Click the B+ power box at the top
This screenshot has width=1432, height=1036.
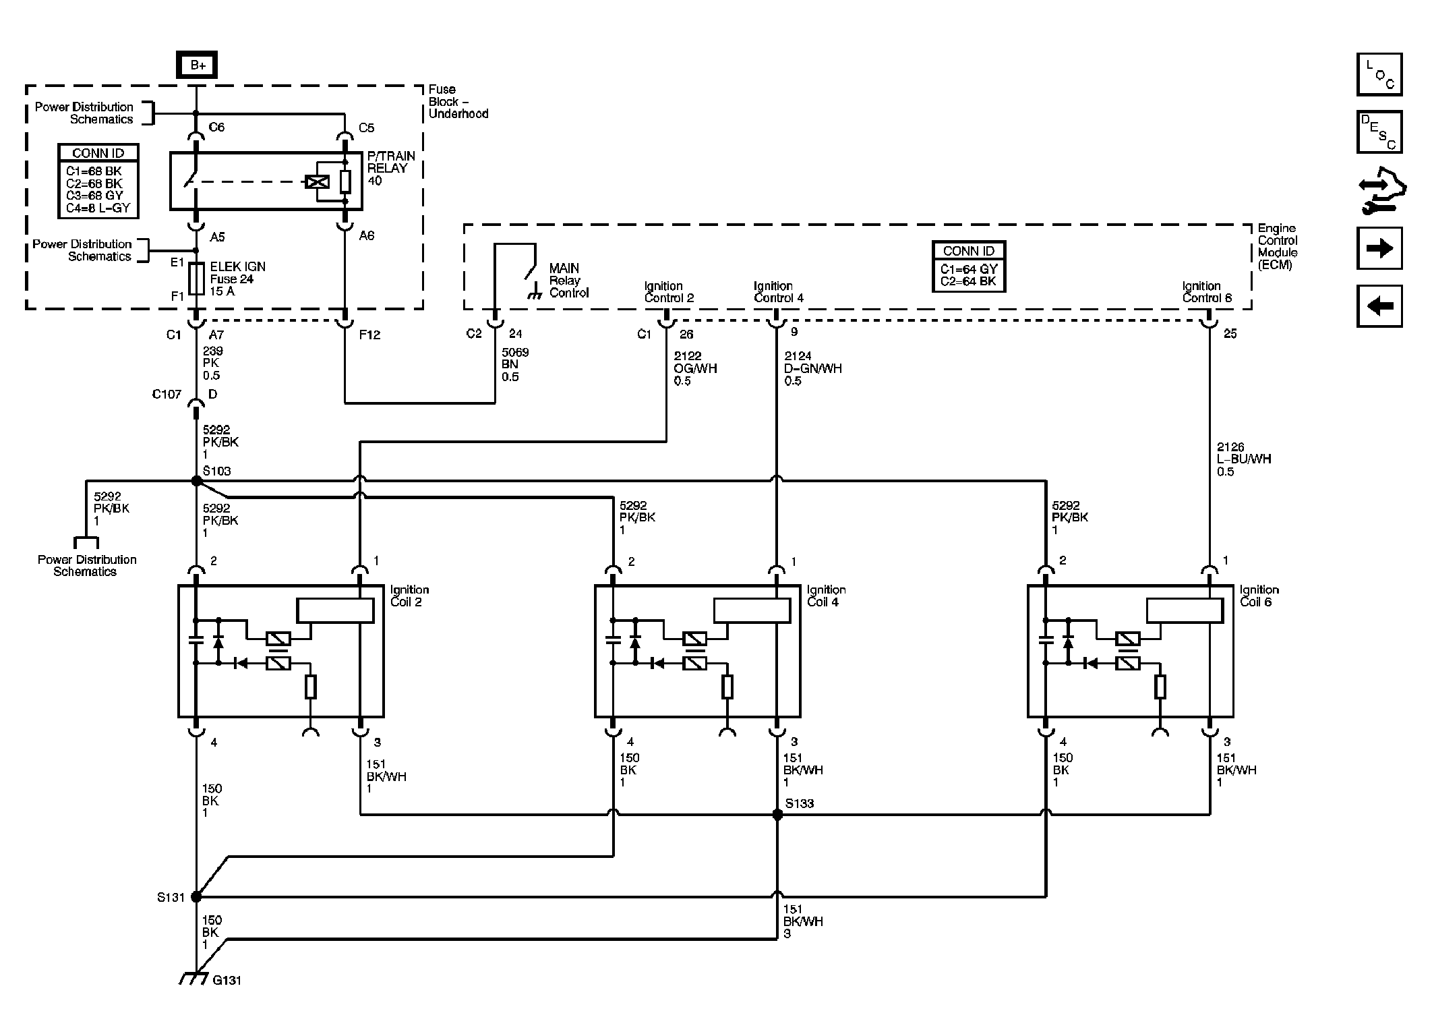pyautogui.click(x=197, y=65)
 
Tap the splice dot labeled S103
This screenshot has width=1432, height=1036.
pyautogui.click(x=196, y=481)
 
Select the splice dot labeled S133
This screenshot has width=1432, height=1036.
pyautogui.click(x=777, y=815)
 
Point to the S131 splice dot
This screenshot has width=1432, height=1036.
pyautogui.click(x=196, y=897)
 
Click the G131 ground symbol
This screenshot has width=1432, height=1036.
pyautogui.click(x=193, y=979)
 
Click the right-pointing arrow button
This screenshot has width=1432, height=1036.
pyautogui.click(x=1379, y=248)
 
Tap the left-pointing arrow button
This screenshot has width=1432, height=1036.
pyautogui.click(x=1379, y=306)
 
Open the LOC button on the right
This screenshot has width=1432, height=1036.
pyautogui.click(x=1379, y=74)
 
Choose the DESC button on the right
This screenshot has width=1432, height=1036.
pyautogui.click(x=1379, y=132)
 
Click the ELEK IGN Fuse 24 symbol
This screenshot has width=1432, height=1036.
pyautogui.click(x=196, y=279)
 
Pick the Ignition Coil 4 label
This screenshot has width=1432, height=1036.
pyautogui.click(x=826, y=596)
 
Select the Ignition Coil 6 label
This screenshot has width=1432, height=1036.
pyautogui.click(x=1259, y=596)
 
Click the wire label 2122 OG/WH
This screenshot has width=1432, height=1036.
pyautogui.click(x=695, y=368)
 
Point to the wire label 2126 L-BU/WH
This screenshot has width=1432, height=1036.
pyautogui.click(x=1244, y=459)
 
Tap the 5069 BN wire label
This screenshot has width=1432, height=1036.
pyautogui.click(x=515, y=364)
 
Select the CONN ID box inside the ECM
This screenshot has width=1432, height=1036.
pyautogui.click(x=969, y=266)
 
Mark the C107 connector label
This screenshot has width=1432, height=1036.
pyautogui.click(x=167, y=394)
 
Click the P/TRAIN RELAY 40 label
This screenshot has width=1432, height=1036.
pyautogui.click(x=391, y=168)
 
